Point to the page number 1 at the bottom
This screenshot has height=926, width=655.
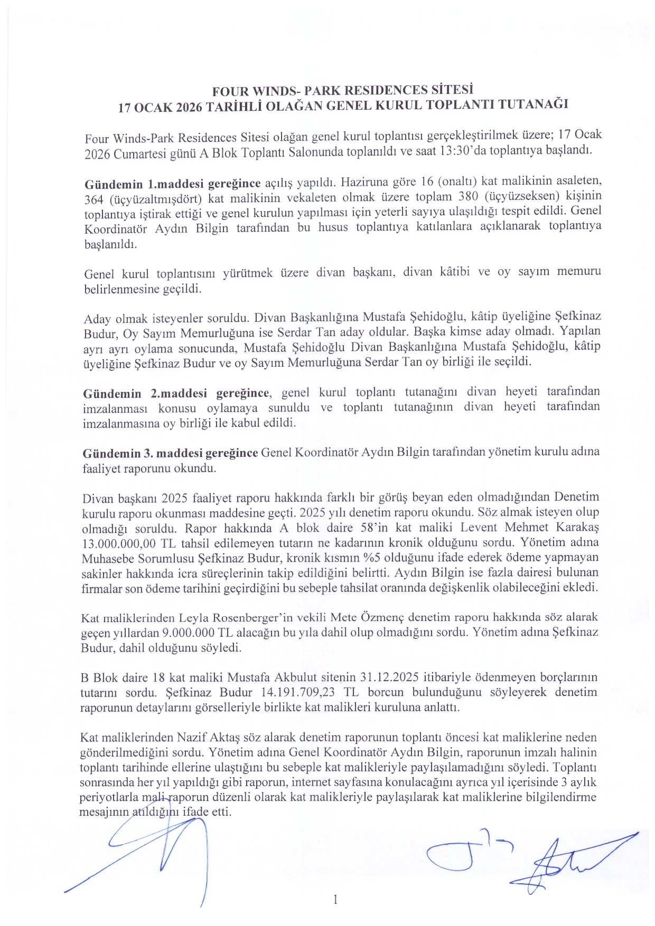point(335,899)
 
